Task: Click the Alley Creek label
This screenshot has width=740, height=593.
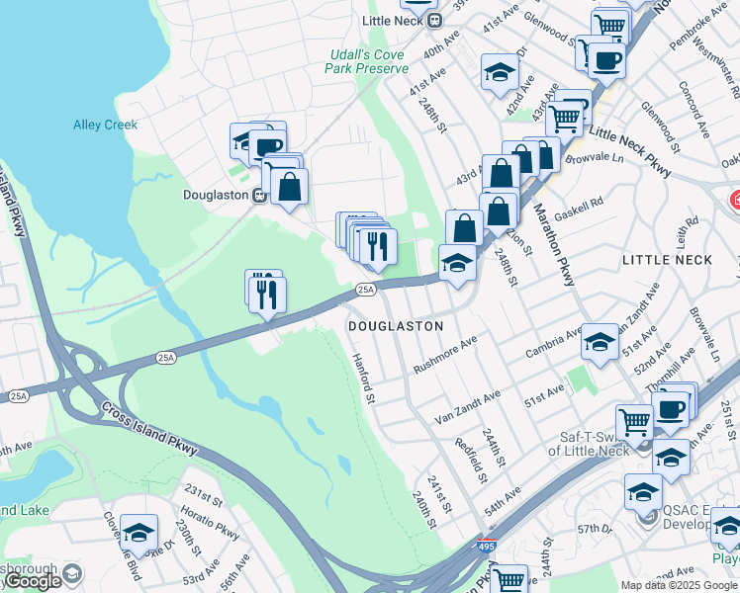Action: pyautogui.click(x=105, y=125)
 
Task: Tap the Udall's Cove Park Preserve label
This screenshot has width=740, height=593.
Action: pyautogui.click(x=366, y=61)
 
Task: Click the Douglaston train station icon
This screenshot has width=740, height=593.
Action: pyautogui.click(x=257, y=195)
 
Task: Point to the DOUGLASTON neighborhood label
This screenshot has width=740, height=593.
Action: pyautogui.click(x=394, y=325)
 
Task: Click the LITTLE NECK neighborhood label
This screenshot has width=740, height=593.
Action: pyautogui.click(x=667, y=259)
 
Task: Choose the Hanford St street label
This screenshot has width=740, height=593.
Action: pyautogui.click(x=363, y=380)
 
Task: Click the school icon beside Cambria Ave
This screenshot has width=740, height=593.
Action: pyautogui.click(x=600, y=342)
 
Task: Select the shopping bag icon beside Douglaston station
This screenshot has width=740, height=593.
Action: pyautogui.click(x=289, y=186)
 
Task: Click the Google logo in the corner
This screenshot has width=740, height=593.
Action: pyautogui.click(x=32, y=581)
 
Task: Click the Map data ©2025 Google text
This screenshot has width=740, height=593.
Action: pyautogui.click(x=679, y=585)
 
